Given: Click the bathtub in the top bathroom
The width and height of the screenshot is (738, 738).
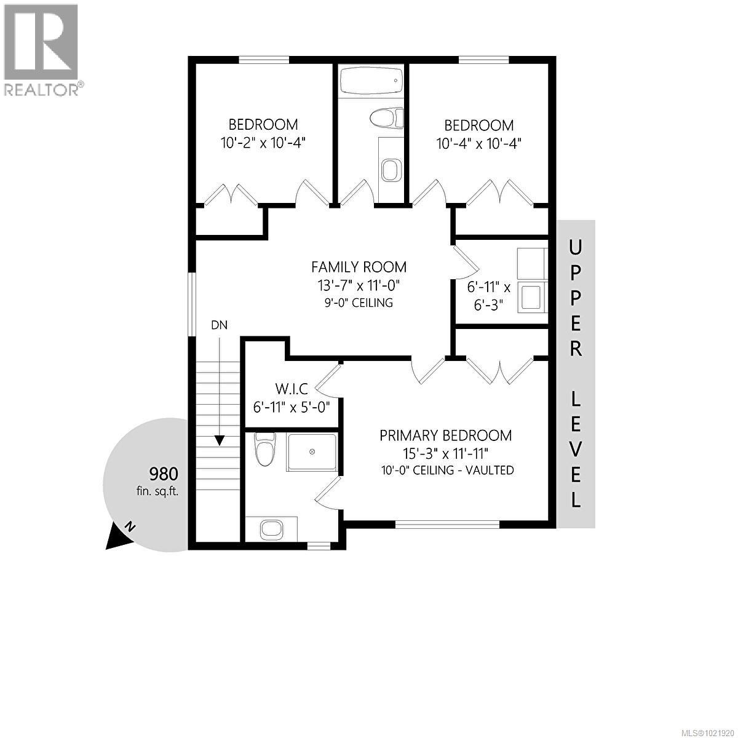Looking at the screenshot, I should (x=371, y=80).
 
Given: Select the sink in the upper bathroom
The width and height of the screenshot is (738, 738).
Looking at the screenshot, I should (x=390, y=170).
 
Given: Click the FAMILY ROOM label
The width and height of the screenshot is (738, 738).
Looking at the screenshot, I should (x=359, y=267).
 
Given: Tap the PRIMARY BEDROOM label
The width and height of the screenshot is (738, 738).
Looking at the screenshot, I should (x=445, y=436).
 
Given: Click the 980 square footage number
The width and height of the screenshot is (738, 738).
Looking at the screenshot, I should (x=164, y=474).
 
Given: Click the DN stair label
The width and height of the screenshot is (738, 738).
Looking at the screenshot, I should (x=219, y=325).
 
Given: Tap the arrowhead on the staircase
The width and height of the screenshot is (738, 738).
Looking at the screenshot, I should (x=219, y=440).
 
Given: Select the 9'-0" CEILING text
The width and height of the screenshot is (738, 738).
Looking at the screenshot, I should (x=359, y=303).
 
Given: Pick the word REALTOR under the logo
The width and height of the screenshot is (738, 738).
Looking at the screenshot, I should (x=41, y=90).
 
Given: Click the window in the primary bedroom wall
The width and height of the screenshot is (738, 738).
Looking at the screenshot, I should (x=447, y=524).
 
